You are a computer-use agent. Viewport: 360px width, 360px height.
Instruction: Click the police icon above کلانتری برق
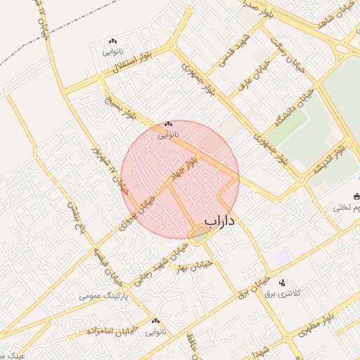(282, 283)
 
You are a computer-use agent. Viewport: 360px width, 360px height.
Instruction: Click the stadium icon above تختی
(356, 197)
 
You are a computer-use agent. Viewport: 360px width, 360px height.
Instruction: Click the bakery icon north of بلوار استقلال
(112, 41)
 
